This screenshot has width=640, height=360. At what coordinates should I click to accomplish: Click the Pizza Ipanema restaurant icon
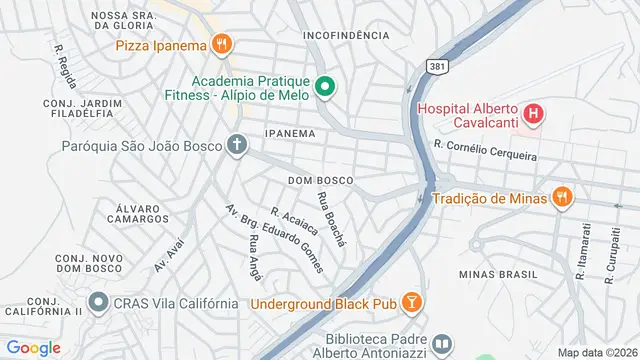pyautogui.click(x=222, y=45)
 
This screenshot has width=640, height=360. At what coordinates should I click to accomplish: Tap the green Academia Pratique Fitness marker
pyautogui.click(x=325, y=88)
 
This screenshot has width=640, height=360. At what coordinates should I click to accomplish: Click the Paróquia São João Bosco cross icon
pyautogui.click(x=236, y=146)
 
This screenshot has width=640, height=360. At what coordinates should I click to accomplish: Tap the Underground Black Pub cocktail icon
pyautogui.click(x=412, y=304)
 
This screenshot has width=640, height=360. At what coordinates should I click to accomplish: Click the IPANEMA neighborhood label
pyautogui.click(x=290, y=133)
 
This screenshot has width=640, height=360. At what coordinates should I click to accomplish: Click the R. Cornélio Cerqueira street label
pyautogui.click(x=485, y=151)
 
